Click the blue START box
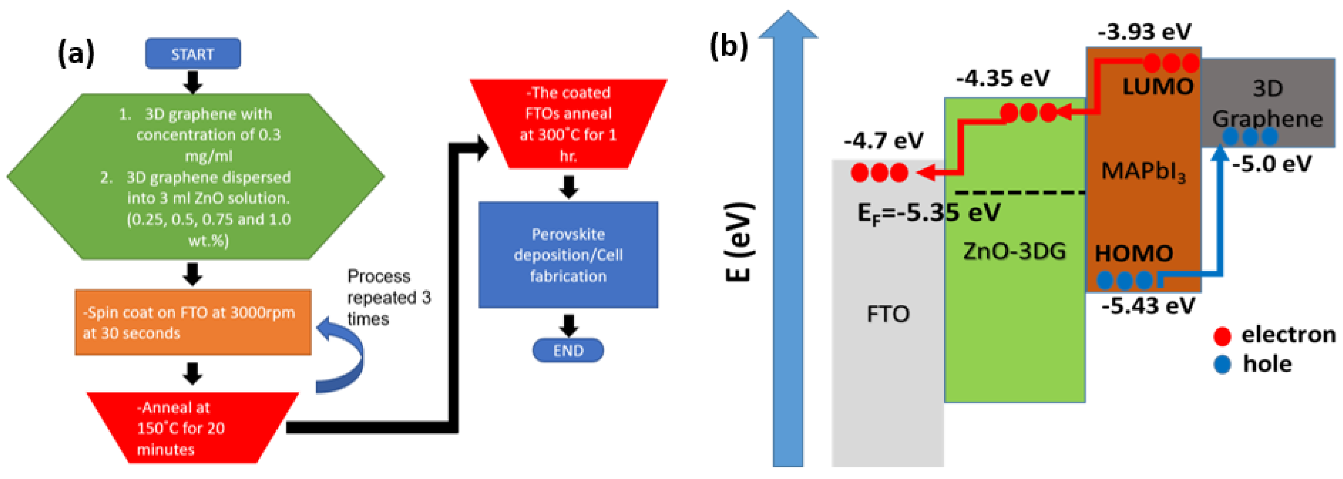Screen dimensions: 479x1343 193,54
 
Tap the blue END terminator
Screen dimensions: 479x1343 568,350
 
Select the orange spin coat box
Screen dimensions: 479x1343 193,323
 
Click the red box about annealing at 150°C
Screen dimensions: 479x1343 193,428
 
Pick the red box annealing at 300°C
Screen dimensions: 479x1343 568,124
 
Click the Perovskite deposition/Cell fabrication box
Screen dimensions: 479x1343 568,255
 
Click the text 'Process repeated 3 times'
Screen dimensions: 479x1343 388,297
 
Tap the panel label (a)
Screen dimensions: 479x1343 76,53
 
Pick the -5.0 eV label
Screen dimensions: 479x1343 1272,164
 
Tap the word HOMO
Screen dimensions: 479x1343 1134,254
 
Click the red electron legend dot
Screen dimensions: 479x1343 1222,336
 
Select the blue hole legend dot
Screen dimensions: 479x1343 1222,364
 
